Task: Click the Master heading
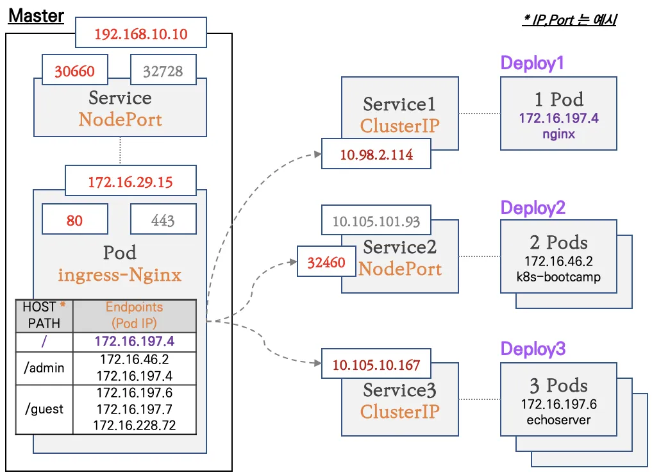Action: click(x=36, y=15)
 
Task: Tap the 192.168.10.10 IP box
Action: click(x=141, y=34)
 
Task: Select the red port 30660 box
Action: click(x=74, y=71)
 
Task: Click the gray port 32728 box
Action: click(x=163, y=71)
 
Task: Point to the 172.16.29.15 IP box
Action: click(x=130, y=182)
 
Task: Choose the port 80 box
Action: click(x=74, y=221)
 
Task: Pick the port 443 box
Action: click(x=163, y=221)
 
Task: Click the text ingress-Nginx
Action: click(x=120, y=275)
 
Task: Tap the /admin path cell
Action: click(x=44, y=368)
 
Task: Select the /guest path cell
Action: click(x=44, y=409)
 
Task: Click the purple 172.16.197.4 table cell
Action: click(x=135, y=341)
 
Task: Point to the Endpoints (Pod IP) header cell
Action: click(x=135, y=315)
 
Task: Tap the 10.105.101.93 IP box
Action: click(x=376, y=222)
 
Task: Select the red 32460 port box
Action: click(x=326, y=262)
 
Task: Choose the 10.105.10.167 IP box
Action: click(x=376, y=365)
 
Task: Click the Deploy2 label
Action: click(x=533, y=208)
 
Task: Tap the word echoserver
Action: click(x=558, y=420)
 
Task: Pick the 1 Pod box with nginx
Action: click(x=558, y=113)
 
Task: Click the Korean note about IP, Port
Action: click(x=569, y=21)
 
